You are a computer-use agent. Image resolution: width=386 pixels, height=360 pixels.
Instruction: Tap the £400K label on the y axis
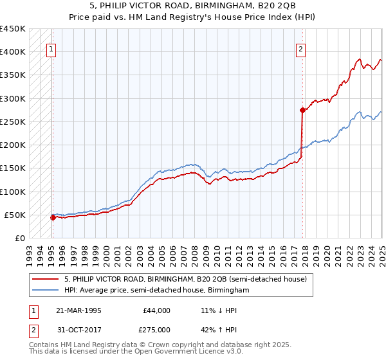click(x=13, y=52)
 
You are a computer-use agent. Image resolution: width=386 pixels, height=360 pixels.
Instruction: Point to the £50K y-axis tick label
click(x=15, y=215)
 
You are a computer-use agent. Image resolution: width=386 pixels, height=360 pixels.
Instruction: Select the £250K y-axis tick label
click(x=13, y=122)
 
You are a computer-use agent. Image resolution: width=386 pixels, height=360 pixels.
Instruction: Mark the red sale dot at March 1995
click(x=53, y=217)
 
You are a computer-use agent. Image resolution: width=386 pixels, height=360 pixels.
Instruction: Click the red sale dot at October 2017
click(x=302, y=110)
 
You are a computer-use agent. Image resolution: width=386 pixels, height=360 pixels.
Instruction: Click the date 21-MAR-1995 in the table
click(x=78, y=310)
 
